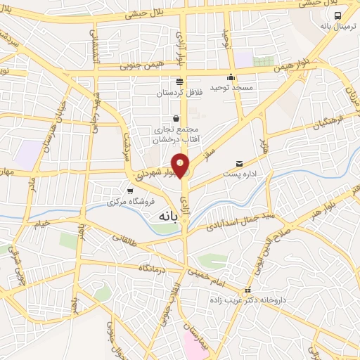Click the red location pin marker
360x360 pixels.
tap(181, 165)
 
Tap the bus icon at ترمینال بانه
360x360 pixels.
tap(337, 15)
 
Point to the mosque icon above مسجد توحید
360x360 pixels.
tap(231, 77)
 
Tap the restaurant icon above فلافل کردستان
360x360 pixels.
tap(181, 81)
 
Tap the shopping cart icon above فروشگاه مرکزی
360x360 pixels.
tap(129, 191)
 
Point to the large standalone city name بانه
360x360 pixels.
tap(162, 217)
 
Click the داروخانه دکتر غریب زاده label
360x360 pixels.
tap(252, 300)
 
